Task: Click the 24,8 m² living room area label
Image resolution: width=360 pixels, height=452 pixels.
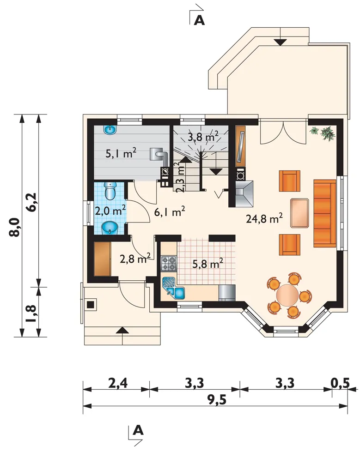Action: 264,218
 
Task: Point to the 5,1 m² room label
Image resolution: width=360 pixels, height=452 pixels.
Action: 121,153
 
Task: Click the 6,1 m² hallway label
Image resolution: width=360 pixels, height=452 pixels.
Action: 170,212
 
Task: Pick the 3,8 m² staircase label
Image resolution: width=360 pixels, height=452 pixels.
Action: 203,136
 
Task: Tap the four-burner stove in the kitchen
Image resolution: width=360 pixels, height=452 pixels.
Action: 169,264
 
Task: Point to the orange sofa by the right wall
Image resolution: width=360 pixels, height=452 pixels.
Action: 325,213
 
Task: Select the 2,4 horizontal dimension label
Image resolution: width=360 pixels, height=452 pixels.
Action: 118,384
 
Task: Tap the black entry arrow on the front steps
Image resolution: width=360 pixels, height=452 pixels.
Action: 122,331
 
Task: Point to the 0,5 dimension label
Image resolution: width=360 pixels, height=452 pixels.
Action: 340,383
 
